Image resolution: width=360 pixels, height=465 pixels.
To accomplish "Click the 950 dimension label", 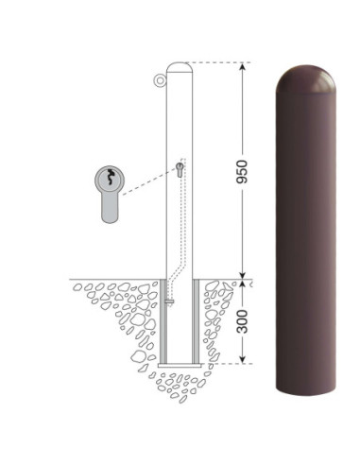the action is click(242, 172).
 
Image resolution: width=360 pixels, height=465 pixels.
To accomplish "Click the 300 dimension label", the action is click(242, 321).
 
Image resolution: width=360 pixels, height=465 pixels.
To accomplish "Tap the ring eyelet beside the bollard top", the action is click(160, 80).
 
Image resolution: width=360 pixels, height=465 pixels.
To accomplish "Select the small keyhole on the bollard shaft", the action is click(180, 170).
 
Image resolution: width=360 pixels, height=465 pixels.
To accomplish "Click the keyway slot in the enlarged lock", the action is click(110, 177).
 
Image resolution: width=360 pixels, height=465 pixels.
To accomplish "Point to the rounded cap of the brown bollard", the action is click(305, 78).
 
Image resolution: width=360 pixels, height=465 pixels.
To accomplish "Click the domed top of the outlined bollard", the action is click(180, 67).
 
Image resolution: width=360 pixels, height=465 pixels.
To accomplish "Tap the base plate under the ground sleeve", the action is click(180, 366).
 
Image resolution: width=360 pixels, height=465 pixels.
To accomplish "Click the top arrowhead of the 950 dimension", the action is click(242, 67).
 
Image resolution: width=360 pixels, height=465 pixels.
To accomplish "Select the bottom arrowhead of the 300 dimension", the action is click(242, 359).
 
